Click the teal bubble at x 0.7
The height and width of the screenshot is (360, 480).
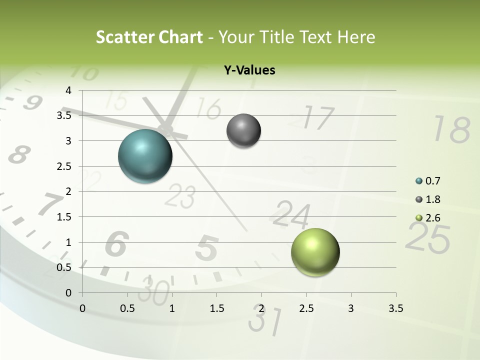(145, 156)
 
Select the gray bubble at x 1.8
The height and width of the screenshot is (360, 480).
(243, 131)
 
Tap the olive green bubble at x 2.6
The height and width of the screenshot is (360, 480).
(315, 252)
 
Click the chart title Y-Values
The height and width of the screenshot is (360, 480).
(249, 70)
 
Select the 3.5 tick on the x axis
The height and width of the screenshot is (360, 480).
(395, 308)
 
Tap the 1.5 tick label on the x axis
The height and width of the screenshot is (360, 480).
(216, 308)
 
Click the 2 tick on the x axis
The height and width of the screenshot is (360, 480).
(261, 308)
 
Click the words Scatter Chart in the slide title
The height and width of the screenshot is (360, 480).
(149, 37)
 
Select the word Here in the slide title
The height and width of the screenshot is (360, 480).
(356, 37)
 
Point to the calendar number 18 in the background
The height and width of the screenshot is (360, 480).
(451, 129)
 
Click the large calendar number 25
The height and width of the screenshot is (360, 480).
(427, 237)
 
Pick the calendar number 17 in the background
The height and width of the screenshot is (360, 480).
(318, 118)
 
